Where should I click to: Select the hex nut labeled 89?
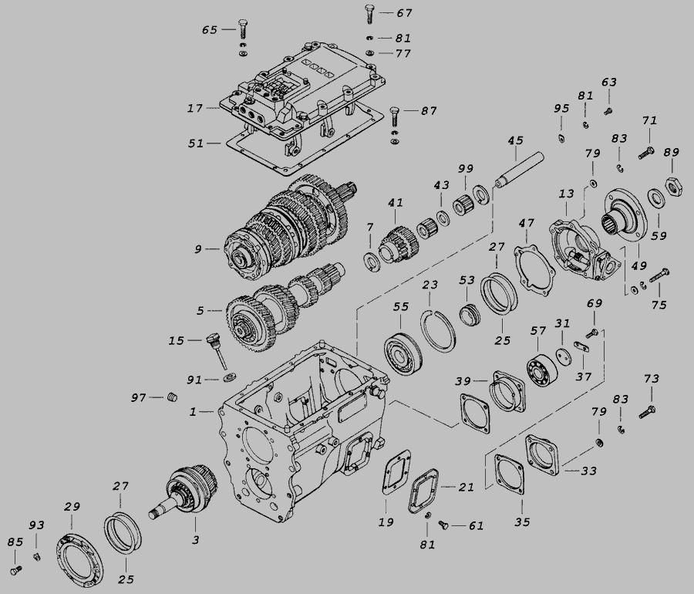pos(674,187)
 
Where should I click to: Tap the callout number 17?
pos(195,109)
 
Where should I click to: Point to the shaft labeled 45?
pos(519,170)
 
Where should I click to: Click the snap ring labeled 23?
pos(437,331)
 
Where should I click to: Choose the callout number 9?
pos(198,249)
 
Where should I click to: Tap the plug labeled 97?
pos(172,397)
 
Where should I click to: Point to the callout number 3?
pos(195,540)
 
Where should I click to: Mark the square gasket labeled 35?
pos(510,475)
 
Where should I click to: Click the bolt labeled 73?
pos(648,412)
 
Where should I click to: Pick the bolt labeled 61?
pos(443,525)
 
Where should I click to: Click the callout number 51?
pos(196,143)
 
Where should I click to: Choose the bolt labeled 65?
pos(242,29)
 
